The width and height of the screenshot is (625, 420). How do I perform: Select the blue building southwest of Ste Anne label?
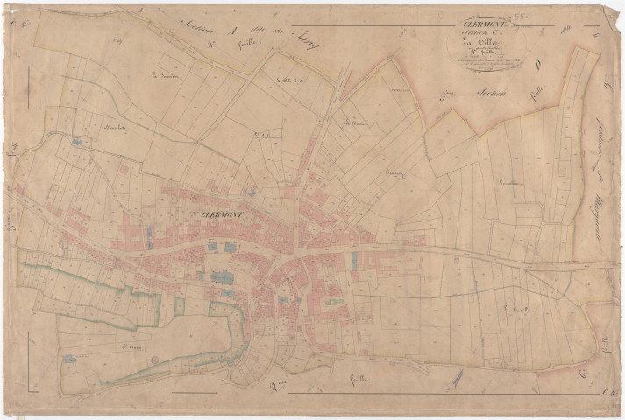click(x=67, y=358)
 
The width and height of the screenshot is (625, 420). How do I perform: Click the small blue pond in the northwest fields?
click(x=78, y=140)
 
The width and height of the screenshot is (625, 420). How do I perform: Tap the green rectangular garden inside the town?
click(x=332, y=303)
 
